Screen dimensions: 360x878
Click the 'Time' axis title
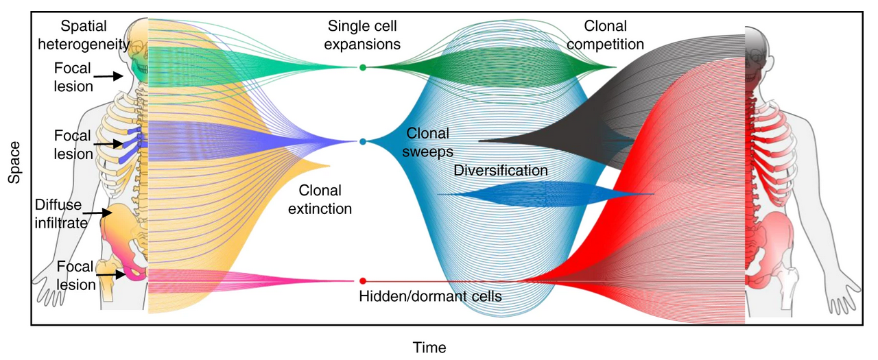tap(429, 348)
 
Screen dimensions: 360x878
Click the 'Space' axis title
tap(14, 163)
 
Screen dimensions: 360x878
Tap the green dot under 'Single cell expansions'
tap(363, 67)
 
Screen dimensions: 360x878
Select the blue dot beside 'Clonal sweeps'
tap(363, 142)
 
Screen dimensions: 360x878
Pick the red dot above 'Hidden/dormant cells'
tap(363, 281)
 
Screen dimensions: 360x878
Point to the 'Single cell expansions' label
tap(364, 36)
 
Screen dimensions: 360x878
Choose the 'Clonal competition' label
tap(605, 36)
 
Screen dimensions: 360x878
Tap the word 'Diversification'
tap(501, 171)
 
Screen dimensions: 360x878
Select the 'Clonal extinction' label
tap(320, 199)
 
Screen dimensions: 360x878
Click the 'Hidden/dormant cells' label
tap(430, 297)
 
